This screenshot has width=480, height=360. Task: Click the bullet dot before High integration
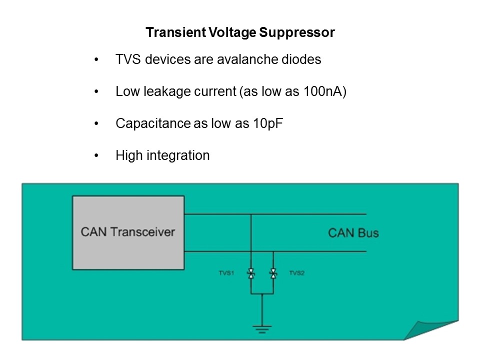pyautogui.click(x=96, y=156)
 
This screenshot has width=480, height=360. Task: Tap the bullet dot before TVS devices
pyautogui.click(x=96, y=60)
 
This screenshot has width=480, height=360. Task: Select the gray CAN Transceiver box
pyautogui.click(x=128, y=232)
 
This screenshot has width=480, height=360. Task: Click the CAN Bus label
pyautogui.click(x=353, y=232)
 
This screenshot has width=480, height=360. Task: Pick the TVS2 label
pyautogui.click(x=296, y=273)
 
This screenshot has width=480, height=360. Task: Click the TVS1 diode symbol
pyautogui.click(x=251, y=273)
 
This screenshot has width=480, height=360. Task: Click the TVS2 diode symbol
pyautogui.click(x=273, y=273)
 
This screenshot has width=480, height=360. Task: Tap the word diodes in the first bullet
pyautogui.click(x=301, y=59)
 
